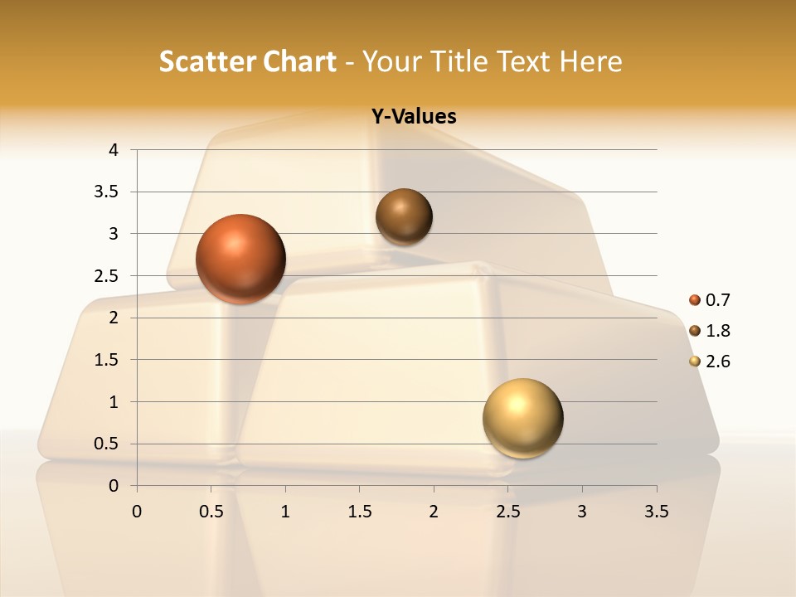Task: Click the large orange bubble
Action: tap(241, 259)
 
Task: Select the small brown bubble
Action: tap(404, 216)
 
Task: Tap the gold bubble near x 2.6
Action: tap(522, 418)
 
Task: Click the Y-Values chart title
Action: tap(413, 117)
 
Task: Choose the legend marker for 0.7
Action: tap(695, 300)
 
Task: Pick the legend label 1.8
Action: tap(718, 331)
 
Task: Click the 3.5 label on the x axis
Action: tap(657, 512)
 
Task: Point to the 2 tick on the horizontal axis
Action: tap(434, 512)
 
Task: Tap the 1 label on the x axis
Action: tap(285, 512)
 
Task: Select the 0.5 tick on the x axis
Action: tap(211, 512)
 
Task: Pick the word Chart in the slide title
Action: tap(300, 61)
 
